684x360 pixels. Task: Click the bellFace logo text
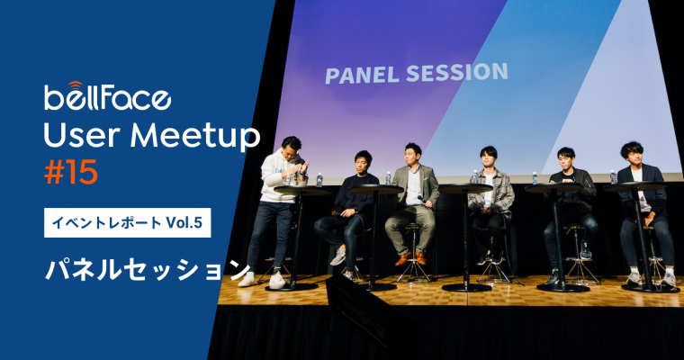[107, 97]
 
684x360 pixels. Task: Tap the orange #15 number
[71, 173]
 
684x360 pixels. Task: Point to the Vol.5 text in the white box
[184, 222]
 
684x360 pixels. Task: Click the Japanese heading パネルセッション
[148, 270]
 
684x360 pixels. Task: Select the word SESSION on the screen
[456, 72]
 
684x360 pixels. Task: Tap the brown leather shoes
[411, 258]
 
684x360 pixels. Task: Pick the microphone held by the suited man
[421, 200]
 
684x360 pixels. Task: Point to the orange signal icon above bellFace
[76, 85]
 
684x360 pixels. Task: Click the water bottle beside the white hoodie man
[319, 180]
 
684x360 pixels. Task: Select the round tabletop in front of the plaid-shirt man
[465, 188]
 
